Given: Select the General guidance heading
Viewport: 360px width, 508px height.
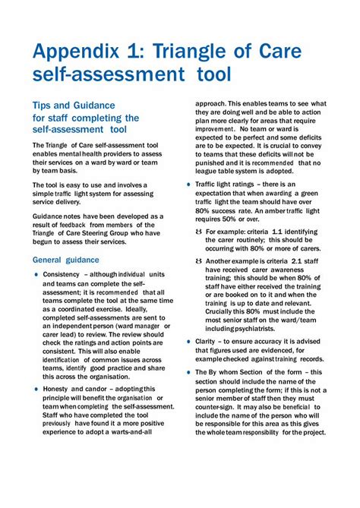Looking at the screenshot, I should point(66,260).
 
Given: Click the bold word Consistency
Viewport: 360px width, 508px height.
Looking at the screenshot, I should point(62,273).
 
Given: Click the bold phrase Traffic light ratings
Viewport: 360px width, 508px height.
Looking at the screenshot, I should point(231,185).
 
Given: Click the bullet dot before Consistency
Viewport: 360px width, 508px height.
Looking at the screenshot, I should point(36,274).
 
